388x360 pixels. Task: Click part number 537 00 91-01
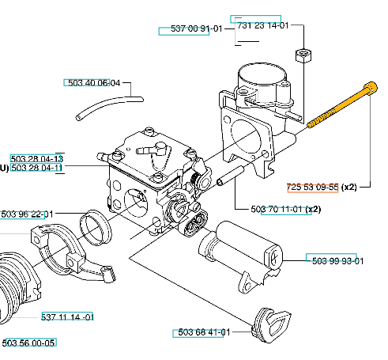(197, 28)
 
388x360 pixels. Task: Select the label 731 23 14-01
(263, 25)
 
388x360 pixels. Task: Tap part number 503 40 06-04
(94, 83)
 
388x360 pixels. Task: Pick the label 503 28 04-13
(37, 159)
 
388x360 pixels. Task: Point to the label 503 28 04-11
(36, 168)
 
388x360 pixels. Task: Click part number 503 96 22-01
(27, 214)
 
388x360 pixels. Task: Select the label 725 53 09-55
(312, 188)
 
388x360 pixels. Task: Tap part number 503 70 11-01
(277, 210)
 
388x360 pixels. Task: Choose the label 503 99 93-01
(337, 261)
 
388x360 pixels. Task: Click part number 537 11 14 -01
(67, 316)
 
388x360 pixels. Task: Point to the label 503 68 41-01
(204, 332)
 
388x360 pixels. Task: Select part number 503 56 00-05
(28, 343)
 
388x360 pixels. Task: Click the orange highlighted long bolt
(342, 105)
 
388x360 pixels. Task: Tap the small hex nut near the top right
(303, 55)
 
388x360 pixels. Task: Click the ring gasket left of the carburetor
(96, 227)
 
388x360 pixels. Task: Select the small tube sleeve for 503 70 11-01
(230, 176)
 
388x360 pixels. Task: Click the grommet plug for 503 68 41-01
(271, 325)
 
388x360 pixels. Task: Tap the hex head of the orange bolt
(371, 88)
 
